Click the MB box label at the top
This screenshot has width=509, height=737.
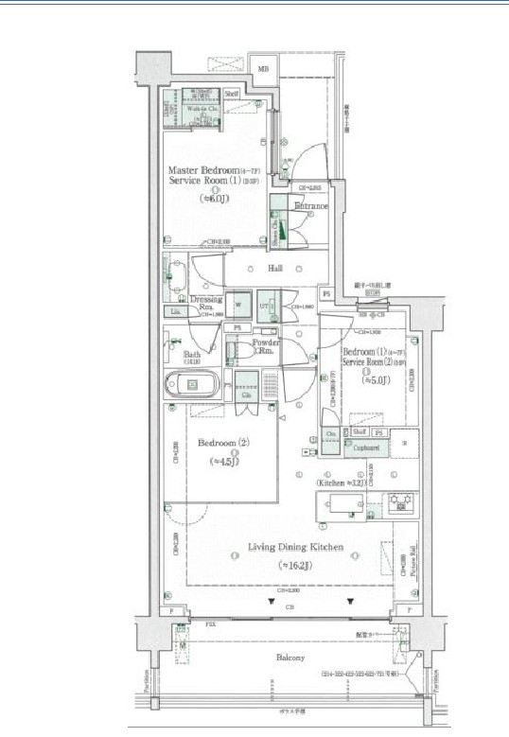264,69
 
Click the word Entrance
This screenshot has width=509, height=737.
310,205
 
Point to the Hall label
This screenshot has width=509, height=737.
275,269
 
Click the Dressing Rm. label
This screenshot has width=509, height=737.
205,303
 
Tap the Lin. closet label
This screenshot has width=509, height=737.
175,311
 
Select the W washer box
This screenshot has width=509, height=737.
237,306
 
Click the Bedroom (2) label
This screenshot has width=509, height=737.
223,443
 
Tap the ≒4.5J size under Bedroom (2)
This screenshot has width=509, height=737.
223,462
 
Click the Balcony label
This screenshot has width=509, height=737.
290,658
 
